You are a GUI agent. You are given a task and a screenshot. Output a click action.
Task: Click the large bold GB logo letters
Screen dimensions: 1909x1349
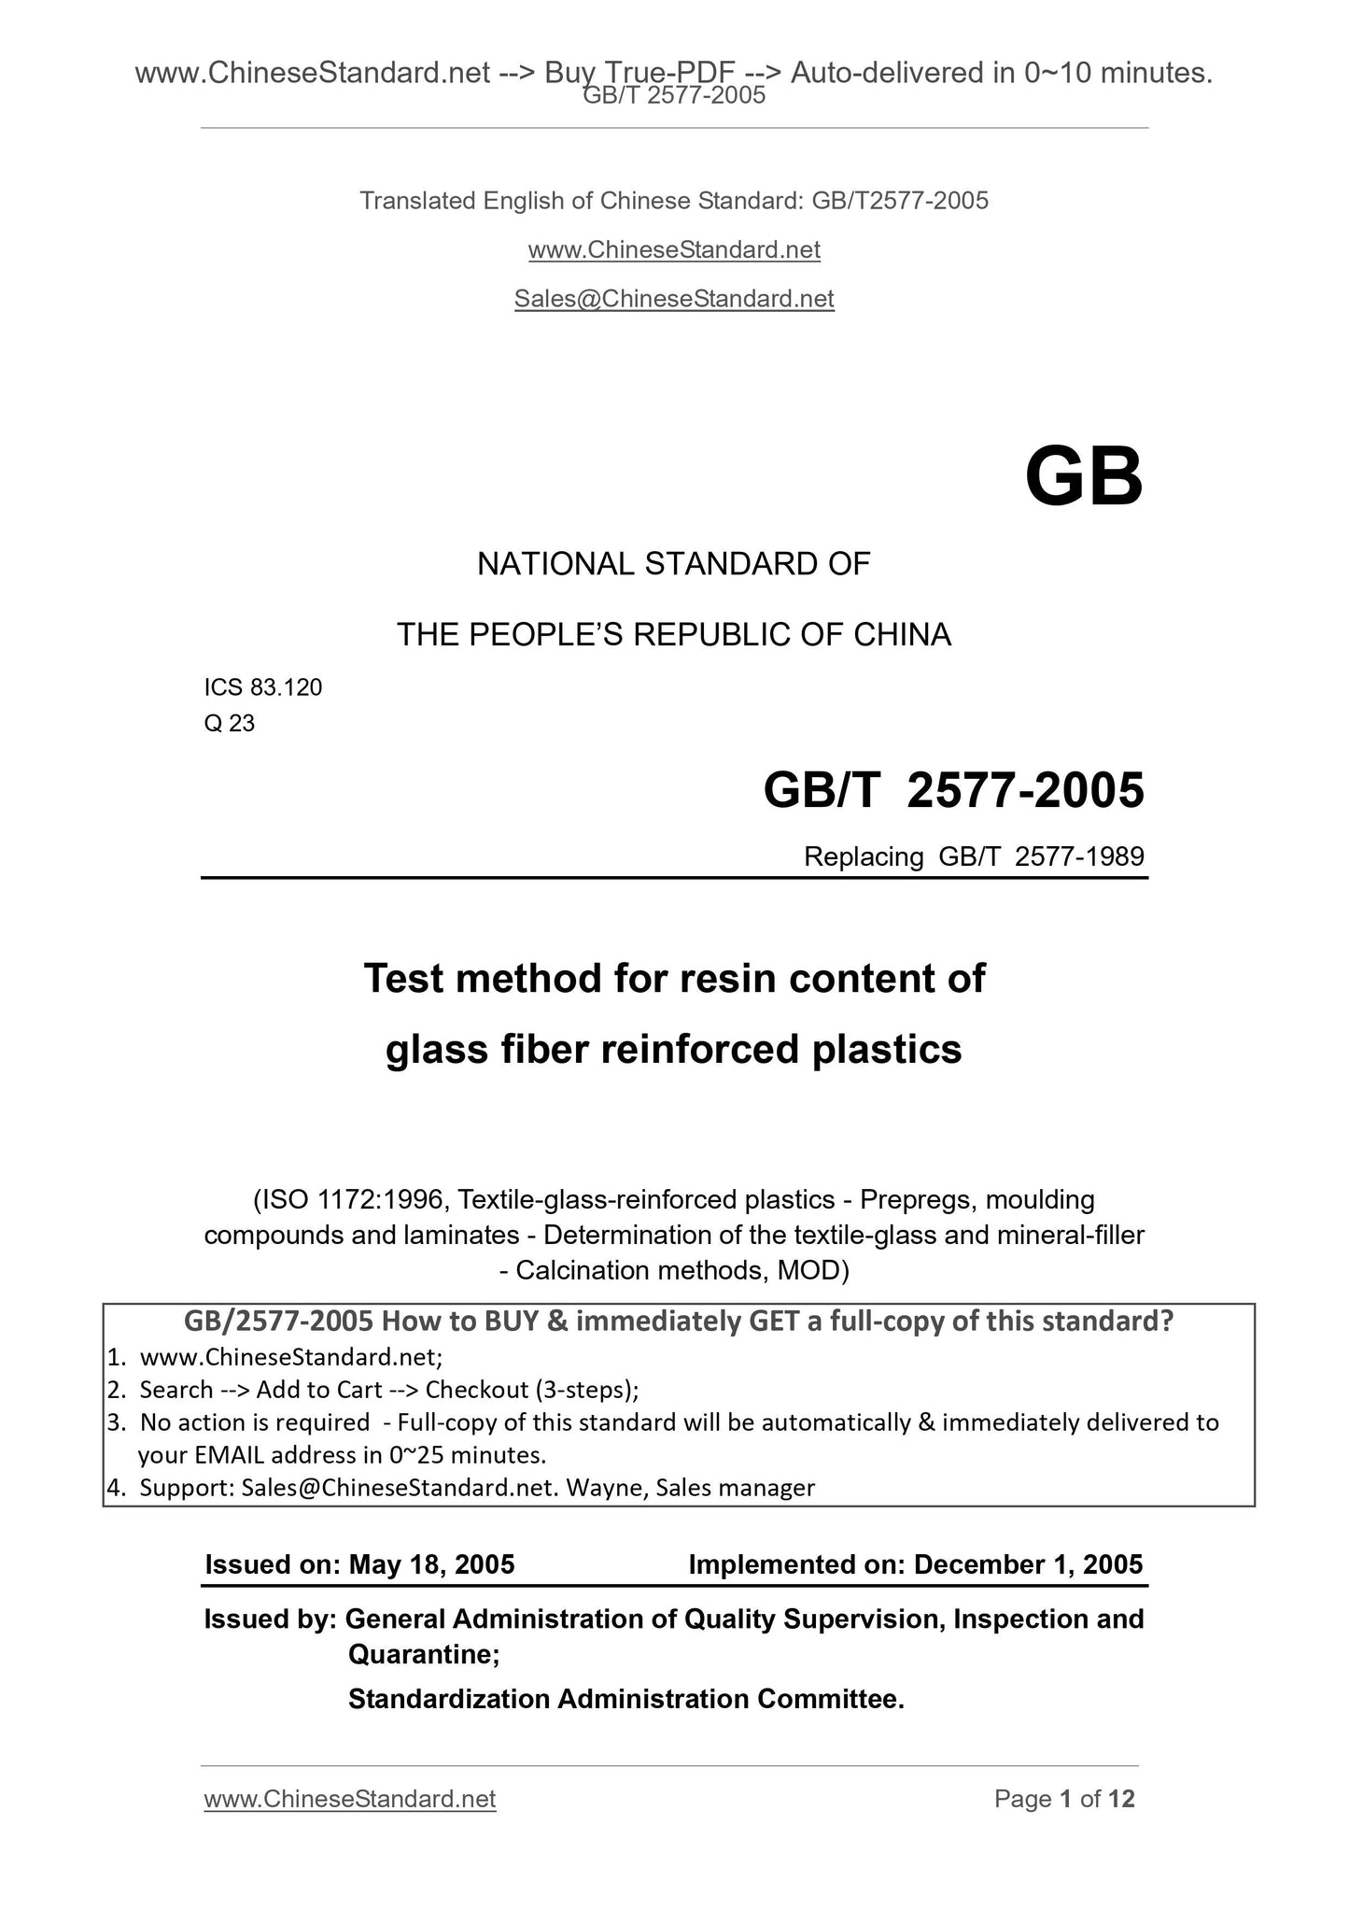pos(1083,477)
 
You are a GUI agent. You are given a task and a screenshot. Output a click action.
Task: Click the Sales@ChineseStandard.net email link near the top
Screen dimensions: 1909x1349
pos(673,299)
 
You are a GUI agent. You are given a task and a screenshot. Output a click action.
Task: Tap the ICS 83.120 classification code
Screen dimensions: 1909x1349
pos(262,687)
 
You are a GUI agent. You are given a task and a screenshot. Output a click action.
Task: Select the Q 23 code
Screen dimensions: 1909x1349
pos(229,723)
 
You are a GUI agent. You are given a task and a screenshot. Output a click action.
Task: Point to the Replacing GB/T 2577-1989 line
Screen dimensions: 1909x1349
pos(974,856)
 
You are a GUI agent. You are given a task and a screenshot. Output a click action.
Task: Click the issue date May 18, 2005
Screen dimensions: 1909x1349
pos(431,1564)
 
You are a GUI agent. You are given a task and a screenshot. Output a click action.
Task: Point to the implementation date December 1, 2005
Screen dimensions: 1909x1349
pos(1028,1564)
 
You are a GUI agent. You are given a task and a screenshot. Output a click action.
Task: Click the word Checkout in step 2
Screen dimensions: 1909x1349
pos(477,1390)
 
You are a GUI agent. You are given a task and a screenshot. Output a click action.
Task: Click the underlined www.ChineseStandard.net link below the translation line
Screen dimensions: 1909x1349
pos(673,250)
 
